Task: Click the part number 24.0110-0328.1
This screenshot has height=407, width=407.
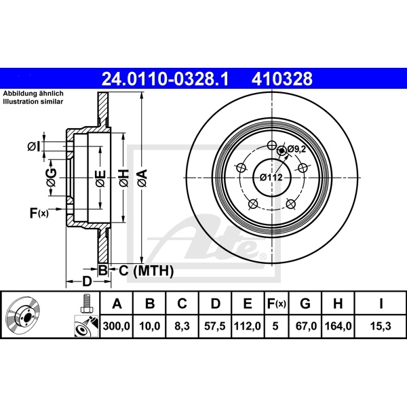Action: click(x=165, y=79)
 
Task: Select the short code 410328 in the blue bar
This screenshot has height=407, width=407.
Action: click(x=282, y=79)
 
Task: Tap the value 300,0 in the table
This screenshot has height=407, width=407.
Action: click(x=116, y=326)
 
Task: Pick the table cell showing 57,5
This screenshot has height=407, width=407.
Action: click(x=214, y=326)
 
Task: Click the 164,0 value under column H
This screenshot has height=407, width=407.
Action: click(x=338, y=326)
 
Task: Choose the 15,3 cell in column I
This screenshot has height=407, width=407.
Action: click(x=381, y=326)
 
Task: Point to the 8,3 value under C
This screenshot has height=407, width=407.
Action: click(x=182, y=326)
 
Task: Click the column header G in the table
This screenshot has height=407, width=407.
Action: click(x=305, y=303)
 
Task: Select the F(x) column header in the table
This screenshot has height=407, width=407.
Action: click(x=277, y=303)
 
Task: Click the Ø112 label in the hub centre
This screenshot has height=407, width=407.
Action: click(x=271, y=177)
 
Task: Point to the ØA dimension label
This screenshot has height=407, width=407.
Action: click(x=142, y=178)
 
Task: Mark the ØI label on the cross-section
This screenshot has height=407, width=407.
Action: click(x=34, y=147)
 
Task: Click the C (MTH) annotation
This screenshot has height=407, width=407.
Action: click(x=146, y=271)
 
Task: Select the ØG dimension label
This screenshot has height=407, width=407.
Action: click(x=52, y=178)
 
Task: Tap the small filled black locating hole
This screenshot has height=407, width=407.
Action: click(x=282, y=151)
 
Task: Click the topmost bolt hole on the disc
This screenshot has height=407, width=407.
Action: click(x=272, y=145)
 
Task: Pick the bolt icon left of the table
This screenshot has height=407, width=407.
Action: click(x=85, y=304)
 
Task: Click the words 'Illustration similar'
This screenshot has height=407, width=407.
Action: click(x=33, y=102)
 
